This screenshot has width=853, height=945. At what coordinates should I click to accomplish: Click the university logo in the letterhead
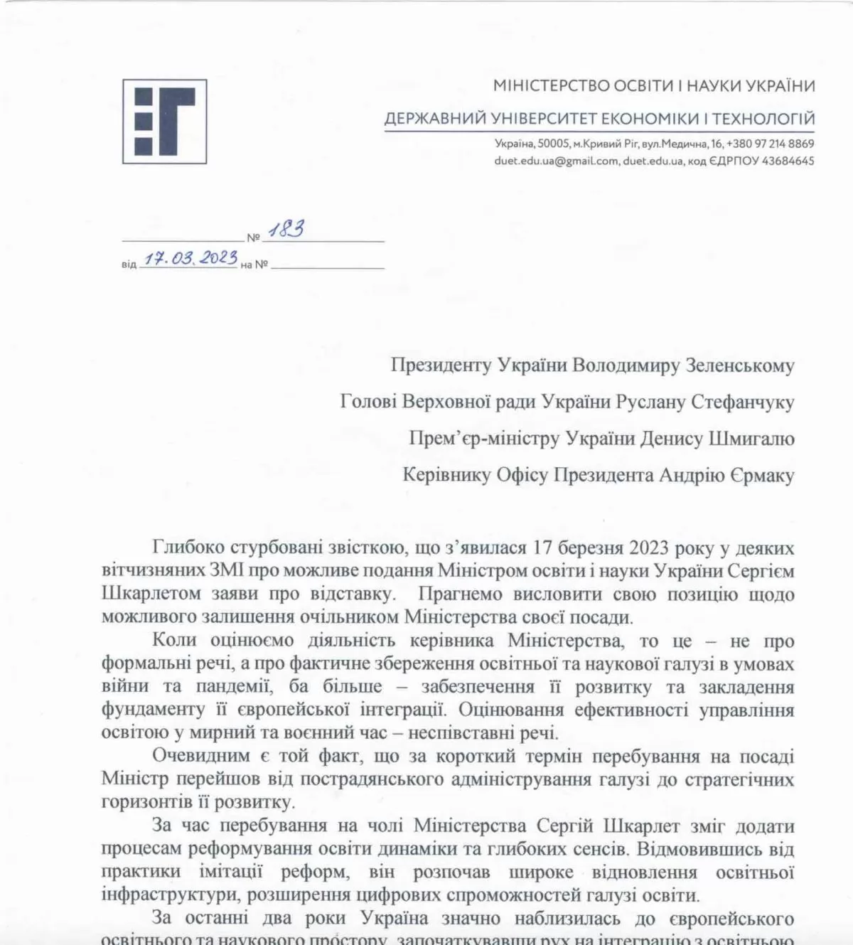coord(164,122)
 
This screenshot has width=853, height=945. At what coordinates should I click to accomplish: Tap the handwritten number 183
coord(286,230)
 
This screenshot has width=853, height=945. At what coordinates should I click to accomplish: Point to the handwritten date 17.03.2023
coord(191,257)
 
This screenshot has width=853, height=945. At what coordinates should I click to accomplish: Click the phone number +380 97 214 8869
coord(770,144)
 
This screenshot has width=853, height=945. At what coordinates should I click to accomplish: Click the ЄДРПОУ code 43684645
coord(788,161)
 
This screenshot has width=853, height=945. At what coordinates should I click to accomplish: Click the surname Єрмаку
coord(761,475)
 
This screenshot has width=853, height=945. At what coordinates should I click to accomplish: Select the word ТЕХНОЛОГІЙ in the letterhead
coord(763,119)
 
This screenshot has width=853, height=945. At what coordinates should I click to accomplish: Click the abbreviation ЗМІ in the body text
coord(227,571)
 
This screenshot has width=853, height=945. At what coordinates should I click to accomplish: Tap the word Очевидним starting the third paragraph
coord(201,756)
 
